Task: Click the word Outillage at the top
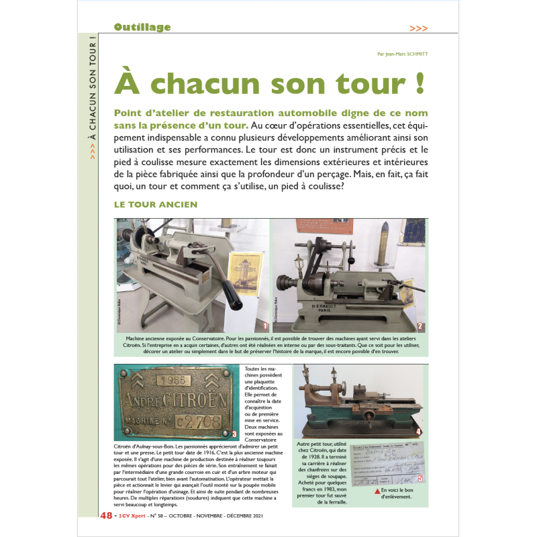(142, 28)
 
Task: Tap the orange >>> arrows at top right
(418, 28)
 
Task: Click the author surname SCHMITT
(414, 55)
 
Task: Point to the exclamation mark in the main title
(420, 83)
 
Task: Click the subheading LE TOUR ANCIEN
(156, 204)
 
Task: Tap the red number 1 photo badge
(265, 327)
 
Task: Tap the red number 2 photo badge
(420, 327)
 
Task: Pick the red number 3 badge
(234, 433)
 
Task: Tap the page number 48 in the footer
(106, 516)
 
